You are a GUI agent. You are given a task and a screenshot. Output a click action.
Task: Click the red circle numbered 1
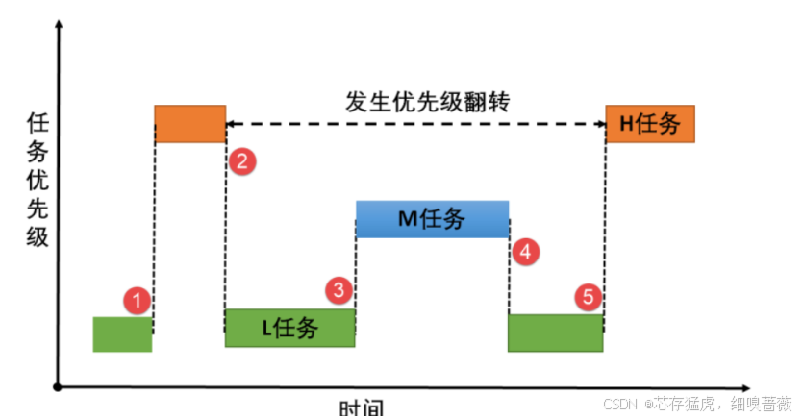[x=138, y=301]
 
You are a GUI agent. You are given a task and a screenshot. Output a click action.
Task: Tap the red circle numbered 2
[x=242, y=160]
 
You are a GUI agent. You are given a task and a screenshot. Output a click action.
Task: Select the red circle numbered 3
[x=339, y=288]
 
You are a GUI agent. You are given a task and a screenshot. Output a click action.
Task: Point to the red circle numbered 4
[x=524, y=252]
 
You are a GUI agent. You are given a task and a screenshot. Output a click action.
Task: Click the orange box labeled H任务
[x=650, y=124]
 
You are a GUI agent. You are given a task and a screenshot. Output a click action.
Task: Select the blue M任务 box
[x=432, y=219]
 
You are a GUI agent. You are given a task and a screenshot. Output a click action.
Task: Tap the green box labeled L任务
[x=289, y=328]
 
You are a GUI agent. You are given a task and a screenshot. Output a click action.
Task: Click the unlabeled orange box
[x=189, y=124]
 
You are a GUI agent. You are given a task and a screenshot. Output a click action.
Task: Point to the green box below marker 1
[x=122, y=333]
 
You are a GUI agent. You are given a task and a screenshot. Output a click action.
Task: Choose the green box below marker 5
[x=555, y=333]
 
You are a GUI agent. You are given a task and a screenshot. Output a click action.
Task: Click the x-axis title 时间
[x=362, y=409]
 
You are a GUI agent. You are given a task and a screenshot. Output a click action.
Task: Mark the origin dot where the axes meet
[x=60, y=387]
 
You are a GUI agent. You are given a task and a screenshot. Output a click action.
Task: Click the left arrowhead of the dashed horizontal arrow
[x=231, y=124]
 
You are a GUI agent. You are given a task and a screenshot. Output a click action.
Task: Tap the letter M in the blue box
[x=406, y=220]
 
